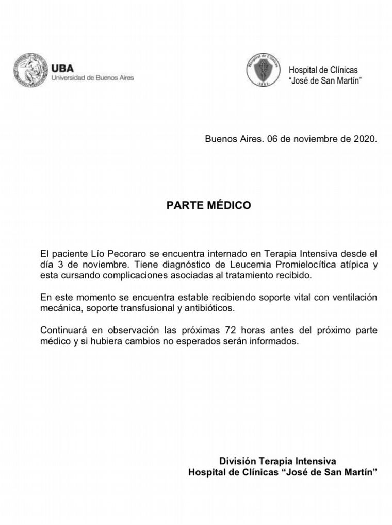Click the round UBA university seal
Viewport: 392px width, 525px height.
30,70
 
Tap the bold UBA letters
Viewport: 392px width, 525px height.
62,68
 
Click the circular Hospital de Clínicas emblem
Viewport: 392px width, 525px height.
263,70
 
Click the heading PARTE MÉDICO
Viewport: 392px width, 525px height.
208,205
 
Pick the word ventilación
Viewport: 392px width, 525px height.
350,298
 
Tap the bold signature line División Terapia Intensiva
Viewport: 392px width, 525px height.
278,461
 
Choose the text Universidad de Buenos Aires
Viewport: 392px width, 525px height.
92,78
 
